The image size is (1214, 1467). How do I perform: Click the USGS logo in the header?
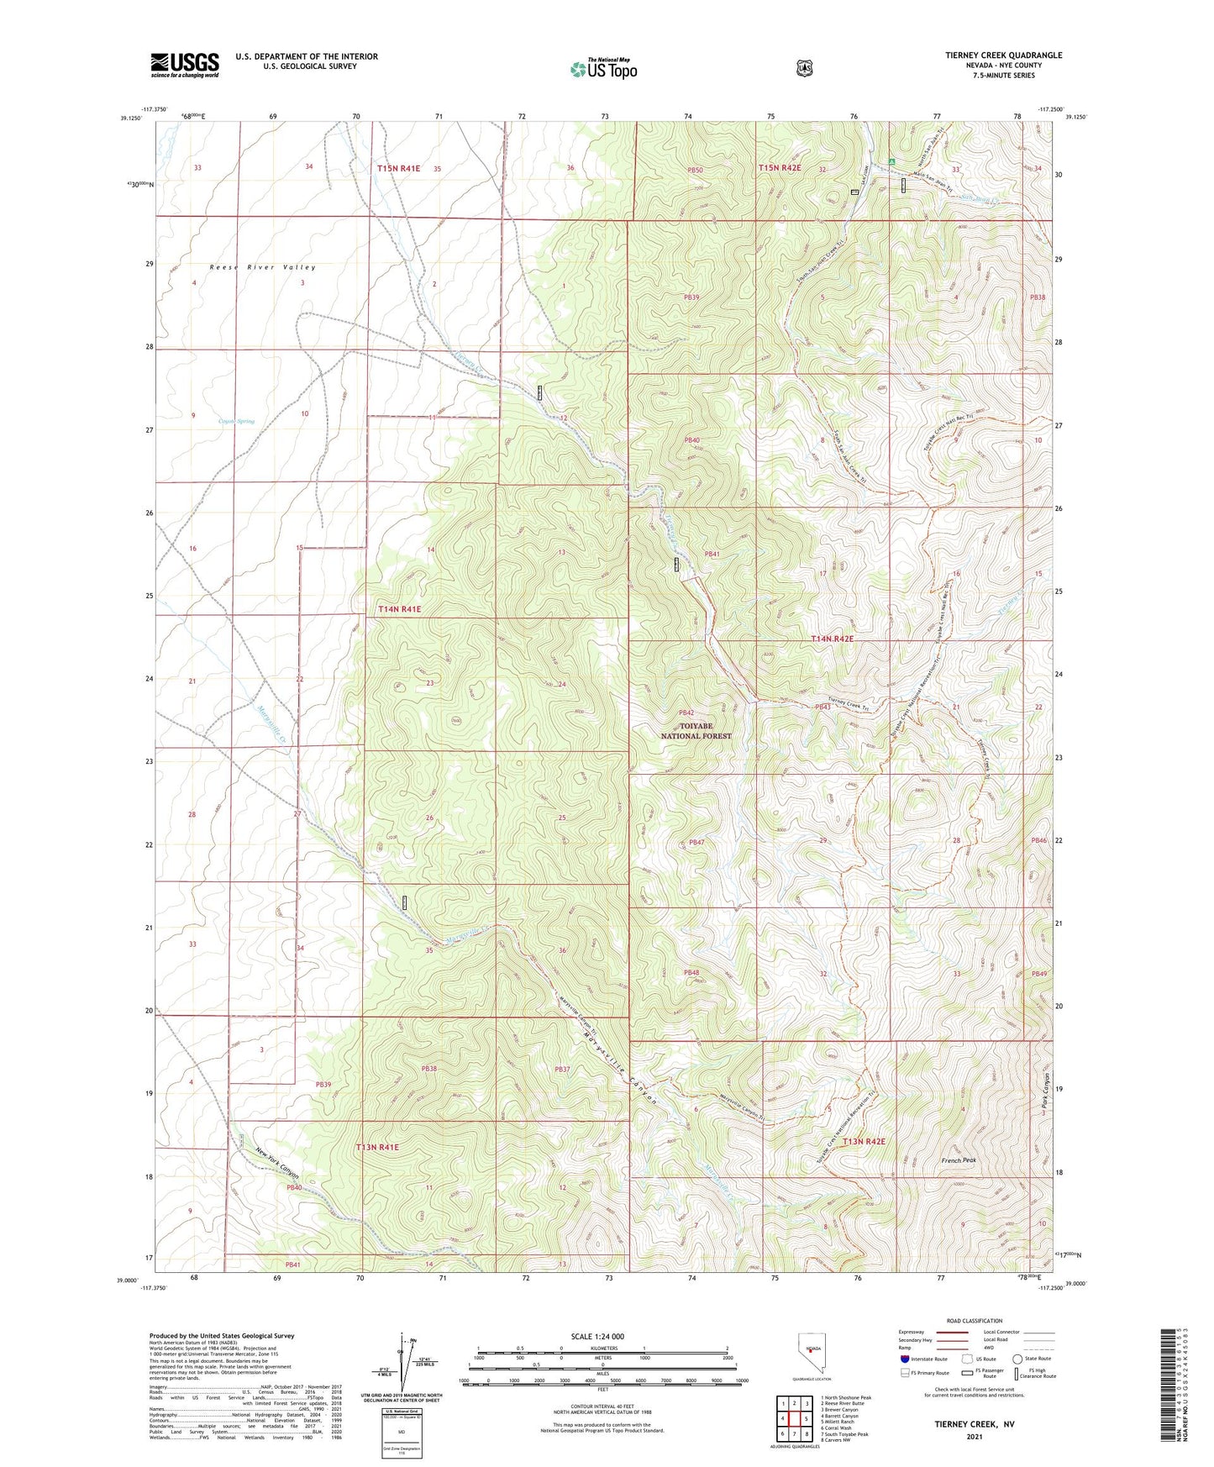(x=185, y=65)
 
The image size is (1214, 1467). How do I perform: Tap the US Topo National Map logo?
(x=603, y=68)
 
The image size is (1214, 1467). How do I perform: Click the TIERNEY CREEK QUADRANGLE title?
(x=1003, y=55)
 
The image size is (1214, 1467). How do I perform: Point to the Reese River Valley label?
(x=263, y=267)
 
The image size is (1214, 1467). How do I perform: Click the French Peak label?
(x=959, y=1160)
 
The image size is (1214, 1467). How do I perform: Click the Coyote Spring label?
(x=236, y=421)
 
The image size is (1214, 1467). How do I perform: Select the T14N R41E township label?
(x=399, y=608)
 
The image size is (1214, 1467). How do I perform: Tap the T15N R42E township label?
(x=780, y=168)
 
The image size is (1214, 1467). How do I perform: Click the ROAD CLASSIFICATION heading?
(x=974, y=1321)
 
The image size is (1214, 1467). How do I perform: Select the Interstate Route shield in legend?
(x=905, y=1358)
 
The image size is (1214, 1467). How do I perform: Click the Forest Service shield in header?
(x=804, y=68)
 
